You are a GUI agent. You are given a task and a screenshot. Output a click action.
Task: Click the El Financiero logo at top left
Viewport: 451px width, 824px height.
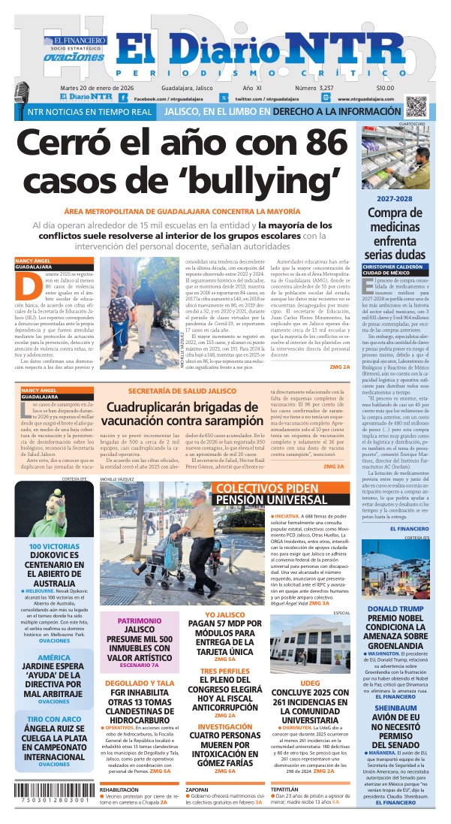click(74, 41)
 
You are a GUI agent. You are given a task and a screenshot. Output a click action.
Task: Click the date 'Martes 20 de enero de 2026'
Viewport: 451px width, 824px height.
click(113, 88)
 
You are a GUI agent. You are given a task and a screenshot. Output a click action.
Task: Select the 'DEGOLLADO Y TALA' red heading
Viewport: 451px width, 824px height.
click(140, 683)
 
